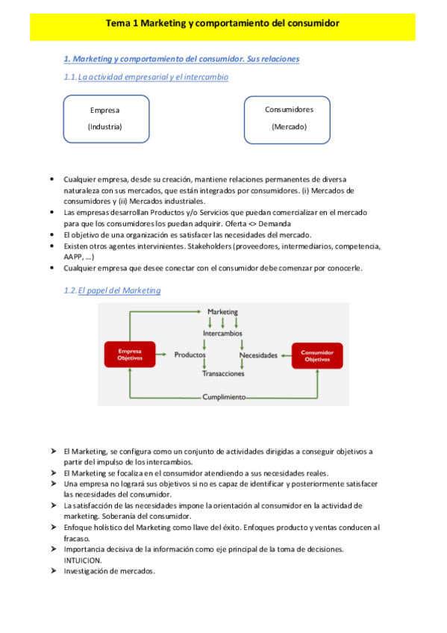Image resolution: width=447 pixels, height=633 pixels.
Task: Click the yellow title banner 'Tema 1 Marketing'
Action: click(223, 23)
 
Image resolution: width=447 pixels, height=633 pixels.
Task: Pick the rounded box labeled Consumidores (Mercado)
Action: click(289, 118)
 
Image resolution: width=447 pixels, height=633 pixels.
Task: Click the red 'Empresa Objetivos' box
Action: click(130, 355)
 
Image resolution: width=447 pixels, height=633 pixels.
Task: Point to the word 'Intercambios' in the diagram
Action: click(222, 334)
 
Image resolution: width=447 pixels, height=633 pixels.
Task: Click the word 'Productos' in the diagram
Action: click(190, 355)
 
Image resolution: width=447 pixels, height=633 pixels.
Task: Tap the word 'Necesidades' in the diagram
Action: click(258, 355)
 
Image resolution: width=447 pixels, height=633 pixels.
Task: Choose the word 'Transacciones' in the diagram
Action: click(223, 374)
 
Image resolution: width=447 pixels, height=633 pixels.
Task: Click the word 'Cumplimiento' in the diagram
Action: click(224, 397)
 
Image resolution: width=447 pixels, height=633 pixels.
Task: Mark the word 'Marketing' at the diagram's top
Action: click(222, 311)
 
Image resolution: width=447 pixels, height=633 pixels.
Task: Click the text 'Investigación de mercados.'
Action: click(110, 571)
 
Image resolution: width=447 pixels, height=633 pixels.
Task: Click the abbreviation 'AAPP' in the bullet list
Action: click(73, 256)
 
